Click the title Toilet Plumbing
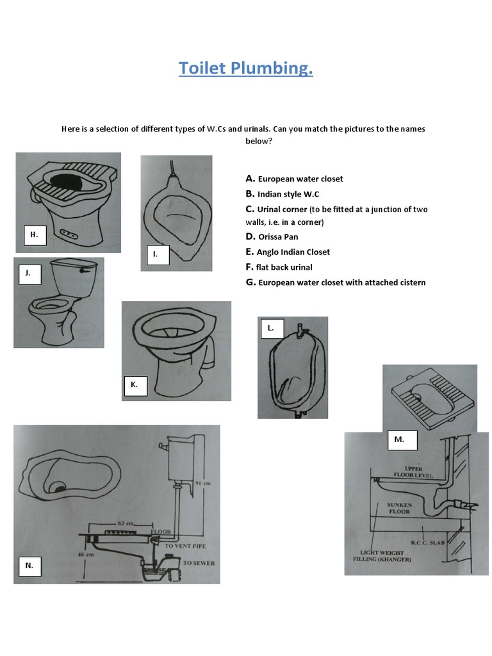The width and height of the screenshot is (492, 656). tap(245, 68)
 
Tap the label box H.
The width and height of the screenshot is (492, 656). tap(35, 235)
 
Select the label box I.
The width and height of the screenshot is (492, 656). tap(155, 254)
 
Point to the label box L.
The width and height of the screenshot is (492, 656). tap(271, 328)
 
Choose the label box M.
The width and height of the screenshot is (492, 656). tap(399, 440)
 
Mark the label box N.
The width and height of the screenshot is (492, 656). tap(29, 566)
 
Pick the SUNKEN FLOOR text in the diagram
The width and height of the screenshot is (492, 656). tap(399, 508)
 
